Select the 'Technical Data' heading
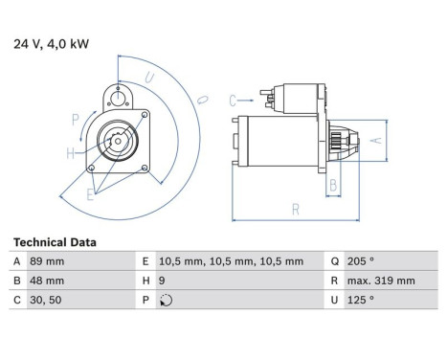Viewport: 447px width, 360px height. (55, 243)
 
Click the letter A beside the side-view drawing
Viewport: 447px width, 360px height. (376, 140)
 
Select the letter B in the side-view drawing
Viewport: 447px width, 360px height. (334, 184)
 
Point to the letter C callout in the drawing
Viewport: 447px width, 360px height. (233, 99)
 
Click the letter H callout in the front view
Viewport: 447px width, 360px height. (71, 153)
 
